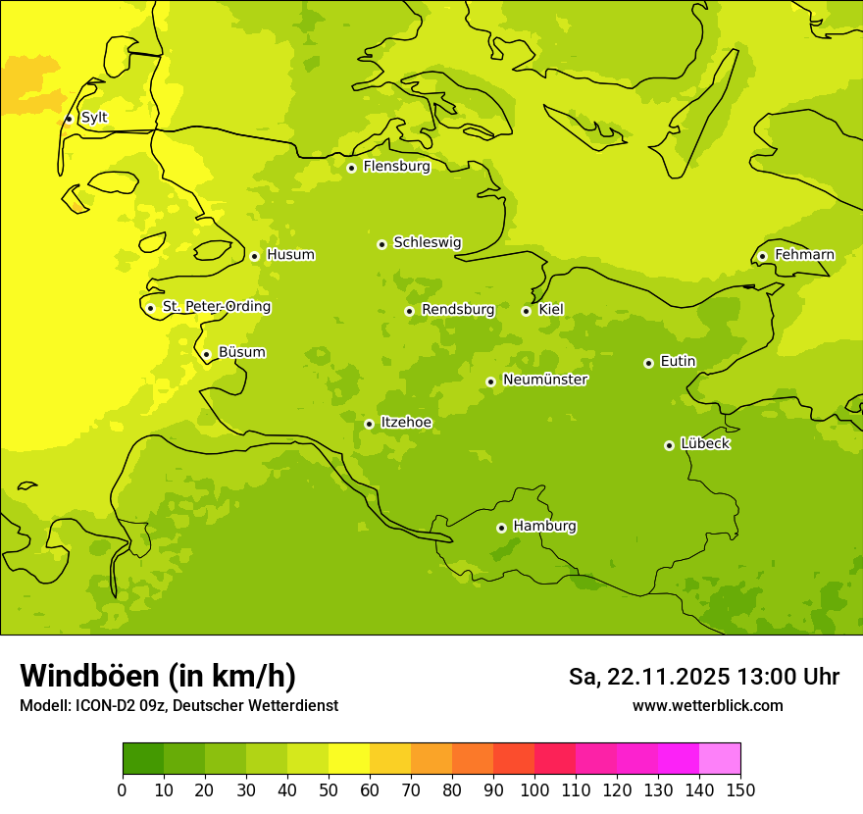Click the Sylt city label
94,118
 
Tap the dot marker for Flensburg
351,168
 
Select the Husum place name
290,255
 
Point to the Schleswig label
427,242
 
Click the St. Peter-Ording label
216,307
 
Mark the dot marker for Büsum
206,355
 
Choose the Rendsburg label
458,310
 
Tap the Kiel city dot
526,311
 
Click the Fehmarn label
804,255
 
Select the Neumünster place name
544,380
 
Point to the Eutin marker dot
648,363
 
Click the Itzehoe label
405,423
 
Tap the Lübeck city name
705,443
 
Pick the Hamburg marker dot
501,528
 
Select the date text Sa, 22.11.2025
648,677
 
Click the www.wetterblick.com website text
707,705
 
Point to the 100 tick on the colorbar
534,789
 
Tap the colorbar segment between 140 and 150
720,759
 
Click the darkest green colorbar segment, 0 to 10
143,759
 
